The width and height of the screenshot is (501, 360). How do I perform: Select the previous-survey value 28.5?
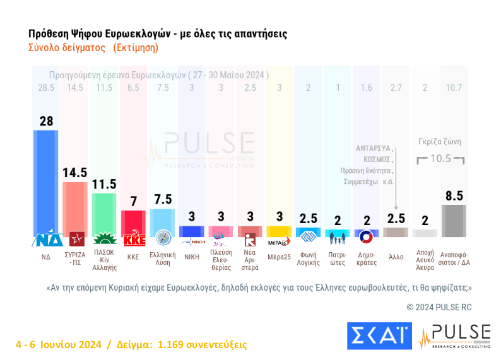click(x=45, y=87)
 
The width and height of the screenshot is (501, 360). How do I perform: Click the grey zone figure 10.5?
click(x=440, y=158)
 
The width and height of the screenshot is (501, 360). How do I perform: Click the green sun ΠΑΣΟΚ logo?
click(x=104, y=240)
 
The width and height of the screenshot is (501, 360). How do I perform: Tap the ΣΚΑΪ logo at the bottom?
click(x=379, y=336)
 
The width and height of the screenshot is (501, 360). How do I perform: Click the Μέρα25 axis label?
click(x=278, y=257)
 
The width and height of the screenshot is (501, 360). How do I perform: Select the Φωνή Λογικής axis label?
click(x=308, y=260)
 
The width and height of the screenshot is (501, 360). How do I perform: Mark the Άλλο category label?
click(x=396, y=257)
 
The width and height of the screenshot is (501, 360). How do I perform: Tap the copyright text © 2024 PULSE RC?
click(x=439, y=307)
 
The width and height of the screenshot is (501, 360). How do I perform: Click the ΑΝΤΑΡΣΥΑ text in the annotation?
click(x=375, y=149)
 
